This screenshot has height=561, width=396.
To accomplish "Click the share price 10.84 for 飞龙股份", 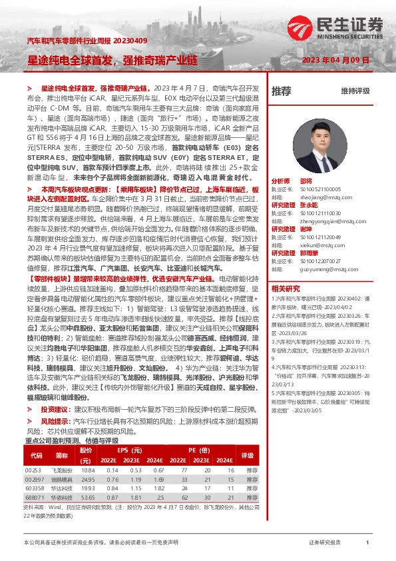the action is [x=88, y=470].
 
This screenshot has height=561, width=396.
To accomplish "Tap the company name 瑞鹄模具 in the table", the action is [x=62, y=479].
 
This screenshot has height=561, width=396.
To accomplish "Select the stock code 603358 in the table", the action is [x=34, y=488].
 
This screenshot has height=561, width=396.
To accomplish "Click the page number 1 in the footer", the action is [x=367, y=543].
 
